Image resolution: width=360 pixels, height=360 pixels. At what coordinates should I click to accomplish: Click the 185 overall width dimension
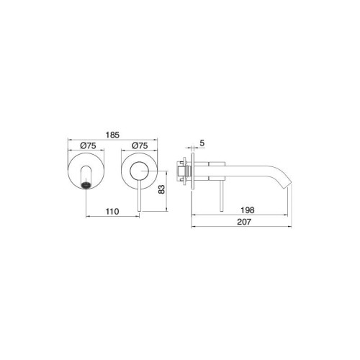(x=112, y=135)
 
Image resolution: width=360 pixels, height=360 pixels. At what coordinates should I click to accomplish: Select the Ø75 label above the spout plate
(x=88, y=145)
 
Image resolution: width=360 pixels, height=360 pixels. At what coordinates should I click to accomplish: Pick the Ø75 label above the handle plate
(x=140, y=145)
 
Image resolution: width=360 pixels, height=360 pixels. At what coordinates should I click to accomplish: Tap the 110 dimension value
(x=112, y=212)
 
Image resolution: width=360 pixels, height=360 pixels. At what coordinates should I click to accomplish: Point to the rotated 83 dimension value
(x=161, y=189)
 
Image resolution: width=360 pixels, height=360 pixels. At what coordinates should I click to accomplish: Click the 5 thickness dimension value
(x=202, y=143)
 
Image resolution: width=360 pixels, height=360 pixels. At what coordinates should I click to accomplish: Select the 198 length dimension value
(x=248, y=210)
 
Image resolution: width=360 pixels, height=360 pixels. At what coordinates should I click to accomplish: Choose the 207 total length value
(x=244, y=222)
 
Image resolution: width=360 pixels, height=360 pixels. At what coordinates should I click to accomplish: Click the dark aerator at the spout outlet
(x=86, y=185)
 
